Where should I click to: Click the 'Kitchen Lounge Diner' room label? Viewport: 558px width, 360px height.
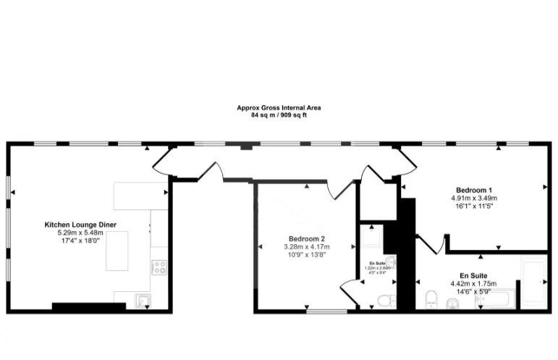80,225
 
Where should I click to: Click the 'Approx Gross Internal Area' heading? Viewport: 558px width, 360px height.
279,108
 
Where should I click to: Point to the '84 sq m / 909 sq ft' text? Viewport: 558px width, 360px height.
279,115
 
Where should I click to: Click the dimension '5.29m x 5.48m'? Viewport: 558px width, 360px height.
80,233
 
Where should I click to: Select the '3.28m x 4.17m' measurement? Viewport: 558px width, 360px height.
307,247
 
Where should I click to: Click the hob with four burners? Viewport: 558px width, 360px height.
158,267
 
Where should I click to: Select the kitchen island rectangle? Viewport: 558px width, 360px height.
117,251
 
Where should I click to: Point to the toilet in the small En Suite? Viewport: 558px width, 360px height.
384,300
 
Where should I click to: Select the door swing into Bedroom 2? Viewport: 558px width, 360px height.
337,190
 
